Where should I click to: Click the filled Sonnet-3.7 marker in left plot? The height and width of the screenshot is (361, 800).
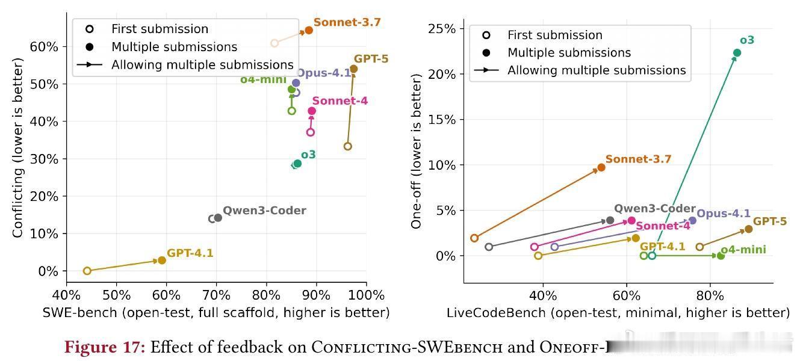click(x=309, y=30)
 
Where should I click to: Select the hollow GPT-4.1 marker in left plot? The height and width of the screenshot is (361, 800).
click(x=87, y=271)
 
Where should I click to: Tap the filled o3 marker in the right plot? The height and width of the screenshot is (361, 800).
click(x=737, y=53)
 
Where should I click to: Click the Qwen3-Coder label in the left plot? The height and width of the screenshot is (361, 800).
click(x=264, y=211)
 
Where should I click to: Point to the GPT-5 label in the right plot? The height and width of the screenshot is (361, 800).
click(x=769, y=221)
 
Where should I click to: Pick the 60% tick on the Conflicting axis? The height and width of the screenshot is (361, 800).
click(x=46, y=46)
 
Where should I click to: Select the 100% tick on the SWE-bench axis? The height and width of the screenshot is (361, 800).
click(x=366, y=295)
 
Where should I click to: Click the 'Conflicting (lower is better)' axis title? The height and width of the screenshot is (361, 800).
click(x=18, y=147)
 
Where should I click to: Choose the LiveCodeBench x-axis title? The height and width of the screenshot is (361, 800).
click(x=618, y=312)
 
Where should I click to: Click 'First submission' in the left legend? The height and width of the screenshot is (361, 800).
click(x=160, y=29)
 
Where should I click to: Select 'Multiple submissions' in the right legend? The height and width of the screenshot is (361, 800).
click(x=569, y=52)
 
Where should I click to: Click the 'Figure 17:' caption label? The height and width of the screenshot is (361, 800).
click(x=105, y=347)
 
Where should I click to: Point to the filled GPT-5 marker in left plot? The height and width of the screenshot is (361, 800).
click(x=353, y=69)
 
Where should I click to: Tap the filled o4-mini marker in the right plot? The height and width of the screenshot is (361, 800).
click(x=721, y=256)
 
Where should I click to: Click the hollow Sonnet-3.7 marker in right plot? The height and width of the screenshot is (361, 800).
click(x=474, y=238)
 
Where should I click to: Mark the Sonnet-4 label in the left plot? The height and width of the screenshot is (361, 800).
click(x=340, y=101)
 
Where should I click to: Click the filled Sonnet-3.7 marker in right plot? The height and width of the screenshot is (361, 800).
click(x=601, y=167)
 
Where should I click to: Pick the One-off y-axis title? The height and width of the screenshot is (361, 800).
click(x=416, y=150)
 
